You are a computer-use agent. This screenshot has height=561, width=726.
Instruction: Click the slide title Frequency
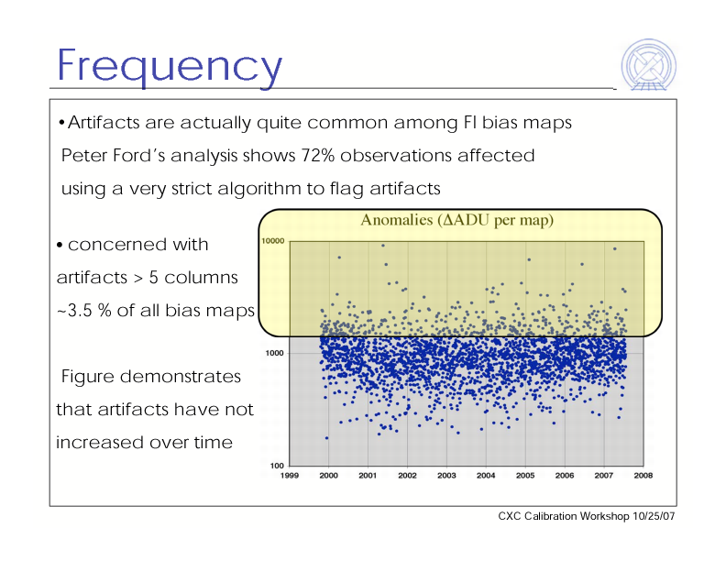click(x=169, y=66)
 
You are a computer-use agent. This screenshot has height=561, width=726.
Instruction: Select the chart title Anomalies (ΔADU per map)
click(x=457, y=220)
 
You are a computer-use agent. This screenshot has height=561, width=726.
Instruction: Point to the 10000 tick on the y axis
click(x=273, y=241)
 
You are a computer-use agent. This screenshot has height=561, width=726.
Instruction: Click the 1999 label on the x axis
click(x=290, y=476)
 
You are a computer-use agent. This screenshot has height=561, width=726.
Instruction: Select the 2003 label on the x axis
click(x=446, y=476)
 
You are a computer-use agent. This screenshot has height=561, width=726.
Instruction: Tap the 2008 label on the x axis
click(x=643, y=476)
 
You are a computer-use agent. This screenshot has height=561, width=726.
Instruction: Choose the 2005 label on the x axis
click(x=525, y=476)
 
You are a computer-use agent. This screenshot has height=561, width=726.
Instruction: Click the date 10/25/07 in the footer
click(x=654, y=517)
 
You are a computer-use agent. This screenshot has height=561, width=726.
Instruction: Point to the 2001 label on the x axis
click(x=368, y=476)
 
